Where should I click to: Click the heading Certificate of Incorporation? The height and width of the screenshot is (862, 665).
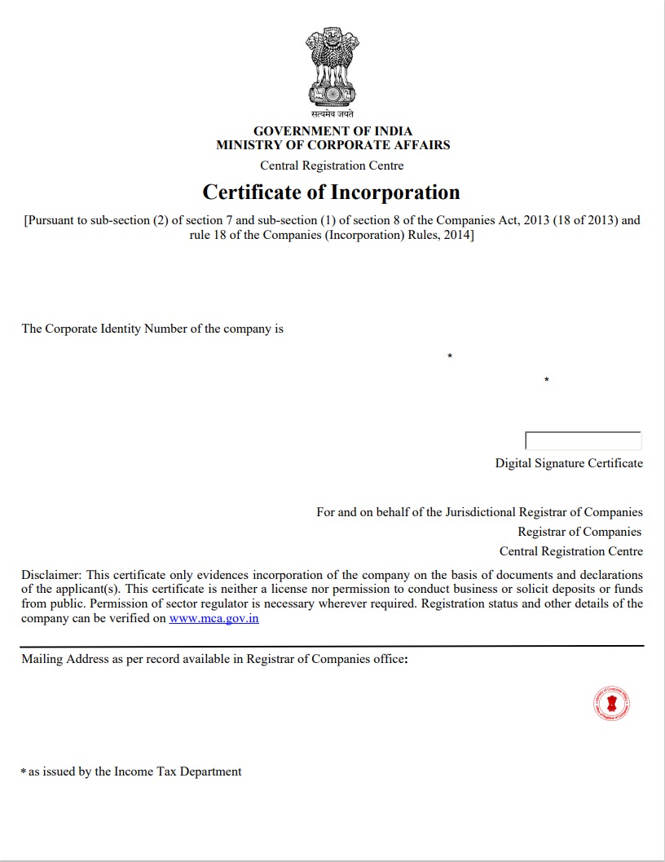331,192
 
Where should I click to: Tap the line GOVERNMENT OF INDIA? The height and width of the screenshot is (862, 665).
332,130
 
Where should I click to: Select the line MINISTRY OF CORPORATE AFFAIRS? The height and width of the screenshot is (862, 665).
332,145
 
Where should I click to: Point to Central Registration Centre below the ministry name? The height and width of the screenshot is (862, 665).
332,166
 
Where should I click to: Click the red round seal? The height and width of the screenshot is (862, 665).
611,703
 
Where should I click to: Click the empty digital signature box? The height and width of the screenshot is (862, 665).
583,441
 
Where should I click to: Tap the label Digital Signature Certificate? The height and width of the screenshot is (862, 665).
569,463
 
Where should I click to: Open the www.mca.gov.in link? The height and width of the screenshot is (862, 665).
214,618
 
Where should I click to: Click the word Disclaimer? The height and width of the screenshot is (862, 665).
50,575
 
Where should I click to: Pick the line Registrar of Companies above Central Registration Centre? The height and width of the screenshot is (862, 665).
579,532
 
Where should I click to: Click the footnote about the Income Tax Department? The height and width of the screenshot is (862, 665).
134,771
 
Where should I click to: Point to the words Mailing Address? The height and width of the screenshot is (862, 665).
64,659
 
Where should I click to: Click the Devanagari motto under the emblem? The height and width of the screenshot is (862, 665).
332,115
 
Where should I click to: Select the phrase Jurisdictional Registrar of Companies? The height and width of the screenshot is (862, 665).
544,512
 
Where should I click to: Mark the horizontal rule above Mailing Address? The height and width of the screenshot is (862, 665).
332,646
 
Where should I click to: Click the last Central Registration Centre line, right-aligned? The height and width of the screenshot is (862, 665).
570,551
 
